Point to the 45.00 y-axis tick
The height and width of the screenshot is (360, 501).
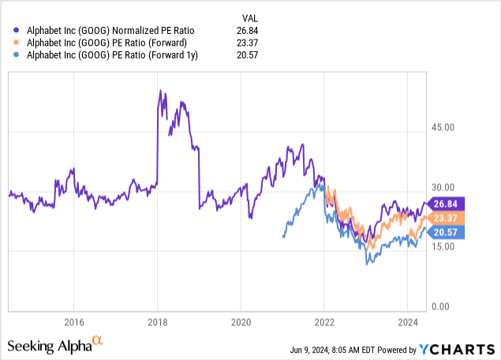click(444, 127)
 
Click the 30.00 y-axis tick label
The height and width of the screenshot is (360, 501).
click(444, 187)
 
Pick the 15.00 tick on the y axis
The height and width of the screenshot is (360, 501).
click(444, 246)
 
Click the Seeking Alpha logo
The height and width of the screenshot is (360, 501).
click(55, 345)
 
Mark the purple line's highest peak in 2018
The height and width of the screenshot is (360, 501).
click(160, 91)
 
